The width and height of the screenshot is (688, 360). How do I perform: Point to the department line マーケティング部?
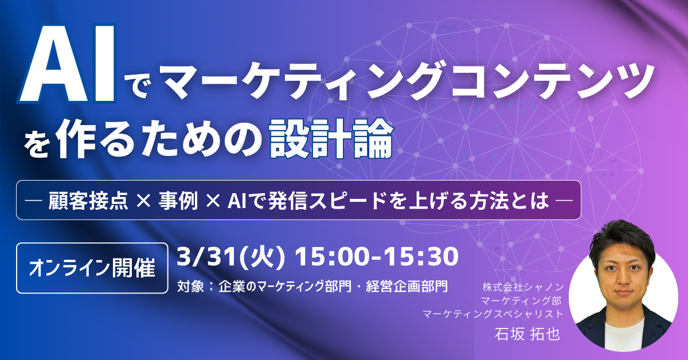(x=521, y=300)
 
